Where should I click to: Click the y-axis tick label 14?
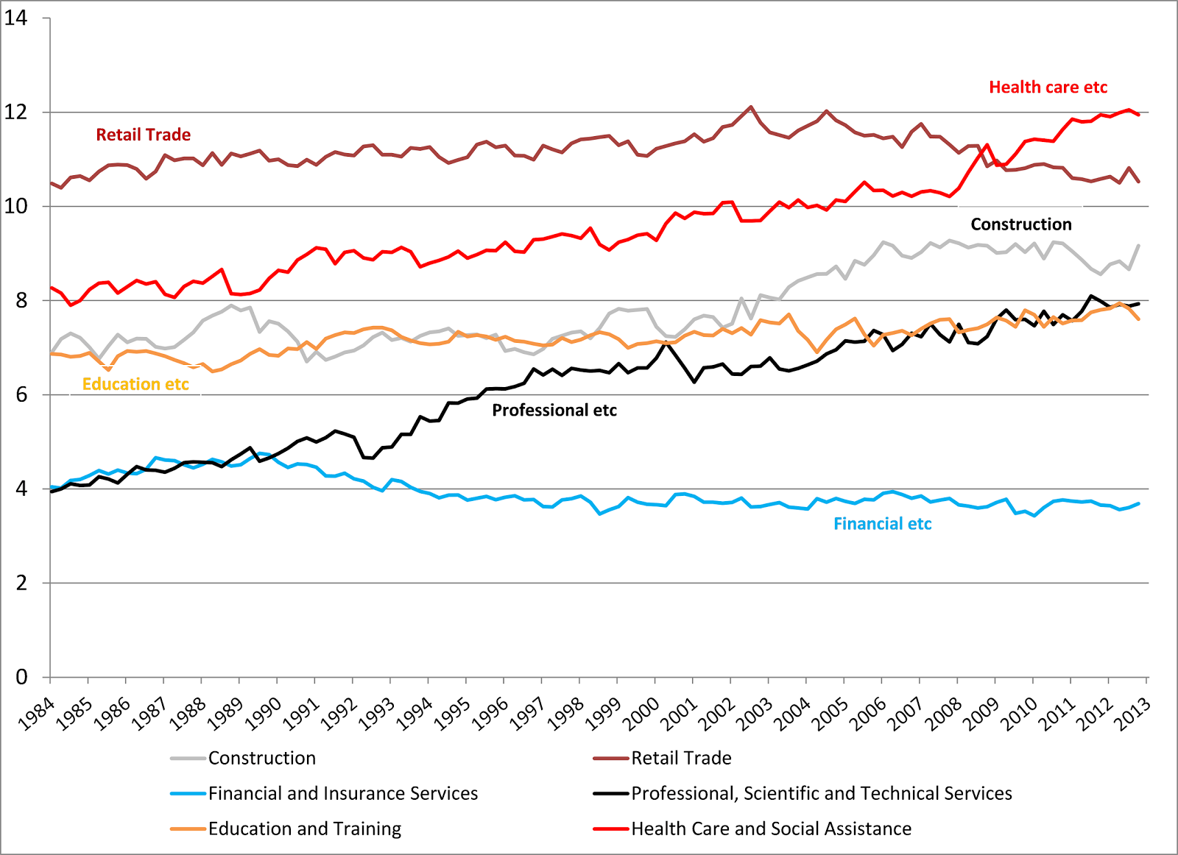(16, 18)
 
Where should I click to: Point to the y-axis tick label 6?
(21, 394)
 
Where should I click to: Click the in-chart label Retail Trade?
(144, 135)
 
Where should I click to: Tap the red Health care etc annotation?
(1048, 88)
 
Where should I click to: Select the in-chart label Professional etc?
(554, 411)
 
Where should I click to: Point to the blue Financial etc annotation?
(882, 524)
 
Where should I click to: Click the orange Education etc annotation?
(135, 384)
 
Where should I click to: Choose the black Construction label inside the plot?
(1021, 224)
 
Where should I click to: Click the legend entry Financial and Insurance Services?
(343, 793)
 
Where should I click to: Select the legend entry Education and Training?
(305, 829)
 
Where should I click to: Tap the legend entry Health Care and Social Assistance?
(771, 829)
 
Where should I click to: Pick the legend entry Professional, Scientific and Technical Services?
(821, 793)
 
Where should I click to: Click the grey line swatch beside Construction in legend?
(188, 758)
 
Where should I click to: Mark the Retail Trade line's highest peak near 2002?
(751, 107)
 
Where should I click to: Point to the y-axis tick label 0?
(21, 677)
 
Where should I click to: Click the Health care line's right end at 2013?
(1139, 115)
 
